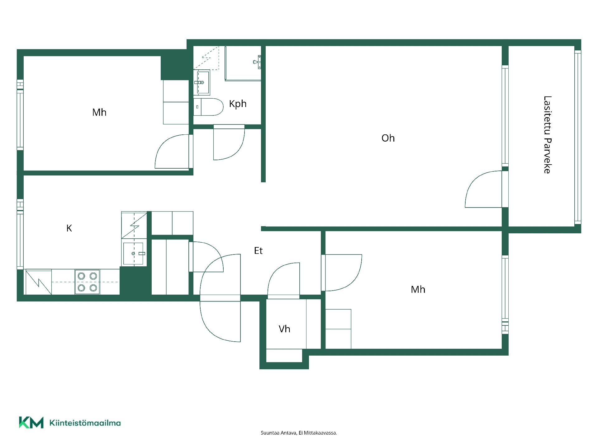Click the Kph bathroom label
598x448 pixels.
(238, 104)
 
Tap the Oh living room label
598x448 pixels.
(388, 138)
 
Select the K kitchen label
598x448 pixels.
(69, 228)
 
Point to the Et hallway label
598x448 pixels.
(258, 251)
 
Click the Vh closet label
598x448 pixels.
(284, 329)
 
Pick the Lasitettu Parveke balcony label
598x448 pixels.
(547, 135)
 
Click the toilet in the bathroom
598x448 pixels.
(208, 107)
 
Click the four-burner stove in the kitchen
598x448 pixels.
(87, 282)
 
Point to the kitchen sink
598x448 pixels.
(134, 254)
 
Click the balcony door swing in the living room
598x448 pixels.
(483, 189)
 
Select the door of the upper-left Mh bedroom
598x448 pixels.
(172, 152)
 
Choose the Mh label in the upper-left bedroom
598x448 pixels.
(99, 112)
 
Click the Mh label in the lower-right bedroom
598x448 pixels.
(418, 290)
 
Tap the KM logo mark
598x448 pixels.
(31, 422)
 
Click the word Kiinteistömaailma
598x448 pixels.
(85, 423)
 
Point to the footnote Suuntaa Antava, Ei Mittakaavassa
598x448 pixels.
(299, 433)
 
